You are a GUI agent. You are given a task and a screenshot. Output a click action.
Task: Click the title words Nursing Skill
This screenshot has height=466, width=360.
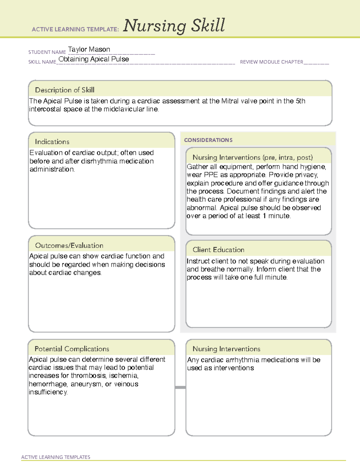coord(174,26)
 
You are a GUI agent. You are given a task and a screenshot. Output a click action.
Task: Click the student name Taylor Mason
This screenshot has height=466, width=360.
coord(89,50)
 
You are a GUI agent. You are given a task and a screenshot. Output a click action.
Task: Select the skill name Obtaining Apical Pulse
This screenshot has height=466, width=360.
coord(94,59)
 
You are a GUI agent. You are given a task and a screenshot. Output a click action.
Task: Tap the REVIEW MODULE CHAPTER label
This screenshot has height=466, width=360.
coord(271,62)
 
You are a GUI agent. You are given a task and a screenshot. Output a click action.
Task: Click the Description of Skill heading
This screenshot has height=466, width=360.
coord(64,90)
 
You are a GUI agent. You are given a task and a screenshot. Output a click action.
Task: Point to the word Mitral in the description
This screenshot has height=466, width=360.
coord(230,101)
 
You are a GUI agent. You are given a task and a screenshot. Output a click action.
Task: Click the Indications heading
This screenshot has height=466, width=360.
coord(52,142)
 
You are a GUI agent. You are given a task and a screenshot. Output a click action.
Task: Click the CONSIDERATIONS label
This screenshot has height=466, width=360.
coord(208,140)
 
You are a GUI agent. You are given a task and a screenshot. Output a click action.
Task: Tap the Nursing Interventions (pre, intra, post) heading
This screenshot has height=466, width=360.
coord(253,158)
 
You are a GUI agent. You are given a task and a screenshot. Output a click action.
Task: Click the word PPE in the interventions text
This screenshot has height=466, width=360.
coord(211,175)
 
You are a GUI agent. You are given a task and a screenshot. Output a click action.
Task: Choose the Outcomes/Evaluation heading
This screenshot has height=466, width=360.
coord(69,245)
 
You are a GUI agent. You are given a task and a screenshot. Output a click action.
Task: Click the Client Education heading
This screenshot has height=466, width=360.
coord(218,250)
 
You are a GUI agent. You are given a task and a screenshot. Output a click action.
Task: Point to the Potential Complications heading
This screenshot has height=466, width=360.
coord(72,349)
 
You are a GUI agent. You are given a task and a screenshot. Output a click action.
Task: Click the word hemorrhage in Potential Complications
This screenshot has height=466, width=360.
coord(48,384)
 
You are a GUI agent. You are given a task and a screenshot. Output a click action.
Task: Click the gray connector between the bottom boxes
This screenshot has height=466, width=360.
coord(180,387)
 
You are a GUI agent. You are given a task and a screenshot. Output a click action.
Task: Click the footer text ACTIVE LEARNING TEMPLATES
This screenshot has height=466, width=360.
coord(56,457)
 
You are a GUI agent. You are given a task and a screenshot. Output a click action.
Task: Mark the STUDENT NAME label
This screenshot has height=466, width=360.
coord(47,52)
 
